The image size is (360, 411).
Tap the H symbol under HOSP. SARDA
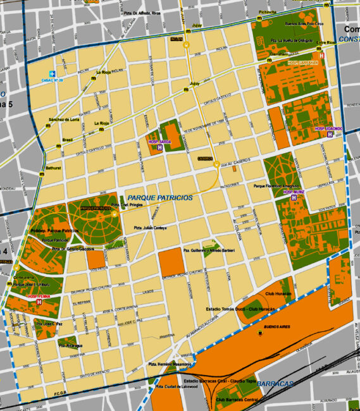point(160,148)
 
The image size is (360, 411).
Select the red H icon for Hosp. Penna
point(40,302)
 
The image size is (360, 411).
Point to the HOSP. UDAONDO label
point(328,128)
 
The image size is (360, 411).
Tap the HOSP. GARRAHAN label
point(303,63)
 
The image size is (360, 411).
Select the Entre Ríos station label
point(326,42)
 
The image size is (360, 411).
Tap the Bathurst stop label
point(53,168)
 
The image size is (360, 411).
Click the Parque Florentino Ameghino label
point(280,186)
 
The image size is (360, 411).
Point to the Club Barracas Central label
point(236,400)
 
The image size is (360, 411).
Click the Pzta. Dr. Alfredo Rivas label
point(140,12)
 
